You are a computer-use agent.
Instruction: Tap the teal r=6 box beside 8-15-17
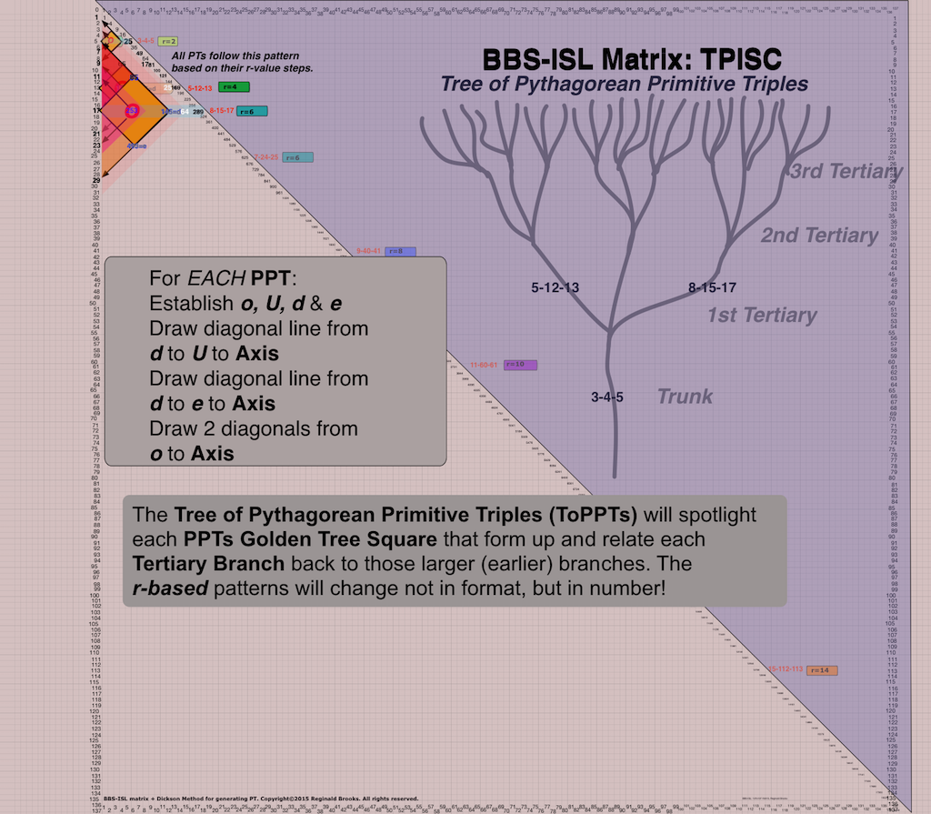(250, 111)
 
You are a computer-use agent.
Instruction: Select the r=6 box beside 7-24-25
(298, 157)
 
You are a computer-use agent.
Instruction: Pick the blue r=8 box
(400, 251)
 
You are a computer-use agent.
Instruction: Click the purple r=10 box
(520, 365)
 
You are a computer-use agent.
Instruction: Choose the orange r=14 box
(821, 670)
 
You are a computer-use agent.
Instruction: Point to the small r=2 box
(167, 41)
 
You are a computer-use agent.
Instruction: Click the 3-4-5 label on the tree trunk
(606, 397)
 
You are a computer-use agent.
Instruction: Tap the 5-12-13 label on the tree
(556, 287)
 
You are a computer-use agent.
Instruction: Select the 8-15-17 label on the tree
(712, 287)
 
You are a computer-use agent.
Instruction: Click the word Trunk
(685, 396)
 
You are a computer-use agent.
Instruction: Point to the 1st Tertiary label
(762, 316)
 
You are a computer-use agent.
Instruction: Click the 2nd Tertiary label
(819, 236)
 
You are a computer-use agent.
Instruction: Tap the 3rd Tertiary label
(845, 171)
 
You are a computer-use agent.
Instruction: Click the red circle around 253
(132, 110)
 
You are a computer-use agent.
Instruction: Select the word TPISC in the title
(730, 60)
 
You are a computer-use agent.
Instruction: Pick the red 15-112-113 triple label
(786, 669)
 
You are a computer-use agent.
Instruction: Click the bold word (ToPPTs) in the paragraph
(549, 515)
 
